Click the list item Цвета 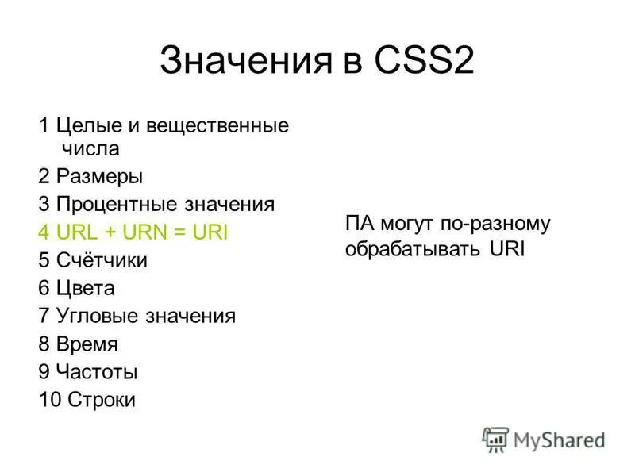86,288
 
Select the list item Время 87,344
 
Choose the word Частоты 98,371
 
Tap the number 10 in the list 48,399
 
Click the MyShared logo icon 495,438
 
